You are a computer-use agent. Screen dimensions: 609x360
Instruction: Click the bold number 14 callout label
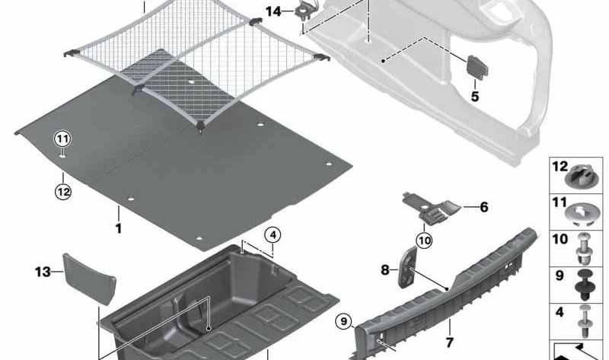coord(273,11)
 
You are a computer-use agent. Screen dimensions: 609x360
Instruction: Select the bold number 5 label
coord(475,97)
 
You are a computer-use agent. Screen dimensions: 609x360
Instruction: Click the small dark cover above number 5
coord(477,67)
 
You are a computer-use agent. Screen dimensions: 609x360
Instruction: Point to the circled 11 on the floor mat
coord(63,139)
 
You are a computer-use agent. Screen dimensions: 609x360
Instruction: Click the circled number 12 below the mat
coord(63,192)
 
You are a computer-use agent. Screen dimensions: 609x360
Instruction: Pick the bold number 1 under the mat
coord(119,228)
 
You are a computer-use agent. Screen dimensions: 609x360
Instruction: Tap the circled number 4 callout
coord(273,235)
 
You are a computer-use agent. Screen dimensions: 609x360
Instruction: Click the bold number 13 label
coord(43,272)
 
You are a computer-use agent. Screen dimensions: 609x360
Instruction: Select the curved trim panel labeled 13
coord(90,279)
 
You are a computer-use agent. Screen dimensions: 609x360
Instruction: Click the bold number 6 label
coord(484,207)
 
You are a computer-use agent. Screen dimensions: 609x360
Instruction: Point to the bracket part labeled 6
coord(431,208)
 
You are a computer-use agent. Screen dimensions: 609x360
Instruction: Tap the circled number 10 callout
coord(424,241)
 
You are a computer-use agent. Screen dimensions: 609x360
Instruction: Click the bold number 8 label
coord(385,269)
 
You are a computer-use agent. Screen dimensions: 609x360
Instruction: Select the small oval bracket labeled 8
coord(407,267)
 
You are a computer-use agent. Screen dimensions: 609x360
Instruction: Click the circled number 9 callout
coord(343,321)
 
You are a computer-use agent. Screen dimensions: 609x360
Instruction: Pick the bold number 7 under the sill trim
coord(449,343)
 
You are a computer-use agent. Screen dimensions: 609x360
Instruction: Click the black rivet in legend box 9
coord(583,285)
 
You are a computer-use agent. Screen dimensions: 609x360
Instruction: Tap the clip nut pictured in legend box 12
coord(579,177)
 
